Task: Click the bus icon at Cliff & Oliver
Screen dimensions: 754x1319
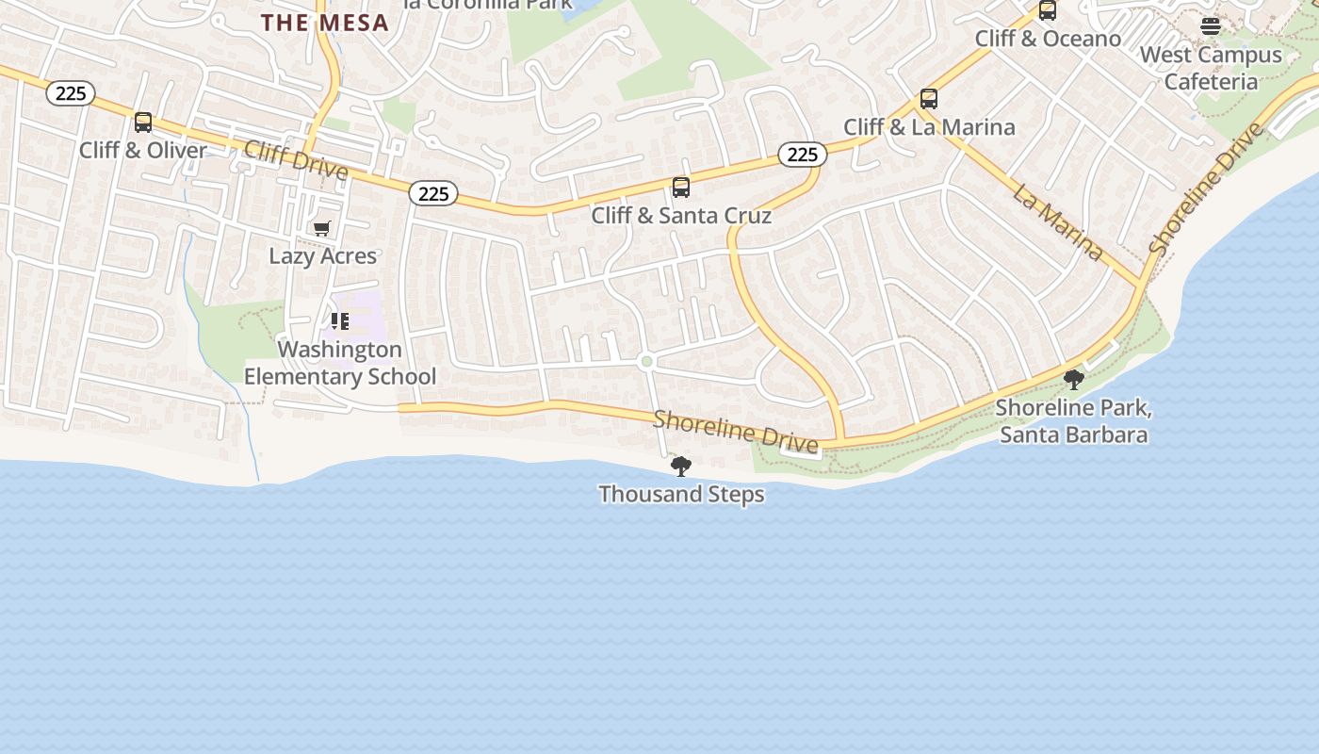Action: pos(143,123)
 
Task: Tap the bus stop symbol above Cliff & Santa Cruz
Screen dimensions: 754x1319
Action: pos(681,188)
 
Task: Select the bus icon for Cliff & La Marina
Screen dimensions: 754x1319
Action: pos(929,99)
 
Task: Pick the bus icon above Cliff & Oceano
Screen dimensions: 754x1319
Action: pos(1047,11)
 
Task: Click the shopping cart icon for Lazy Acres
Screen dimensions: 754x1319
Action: pos(322,228)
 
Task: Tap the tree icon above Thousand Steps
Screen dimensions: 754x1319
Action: pos(680,466)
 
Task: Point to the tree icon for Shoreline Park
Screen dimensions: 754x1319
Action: pos(1073,380)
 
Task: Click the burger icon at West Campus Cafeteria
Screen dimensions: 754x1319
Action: pos(1211,26)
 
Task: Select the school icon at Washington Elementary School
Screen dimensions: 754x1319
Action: pos(340,321)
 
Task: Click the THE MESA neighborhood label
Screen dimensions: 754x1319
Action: pos(325,23)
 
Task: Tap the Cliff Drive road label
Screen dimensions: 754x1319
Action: pos(296,160)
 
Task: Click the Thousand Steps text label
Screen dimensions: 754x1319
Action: pos(681,494)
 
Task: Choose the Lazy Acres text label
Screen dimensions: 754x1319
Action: pos(322,255)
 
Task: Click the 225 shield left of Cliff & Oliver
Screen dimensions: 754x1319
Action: pos(71,92)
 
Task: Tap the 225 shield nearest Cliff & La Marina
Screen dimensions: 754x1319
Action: pos(802,154)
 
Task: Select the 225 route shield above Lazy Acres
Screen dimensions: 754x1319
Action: pos(433,193)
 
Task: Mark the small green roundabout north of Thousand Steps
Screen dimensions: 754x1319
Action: pos(646,361)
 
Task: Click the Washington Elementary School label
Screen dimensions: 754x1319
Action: pos(340,363)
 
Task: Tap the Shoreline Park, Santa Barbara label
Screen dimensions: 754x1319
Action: pos(1073,421)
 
